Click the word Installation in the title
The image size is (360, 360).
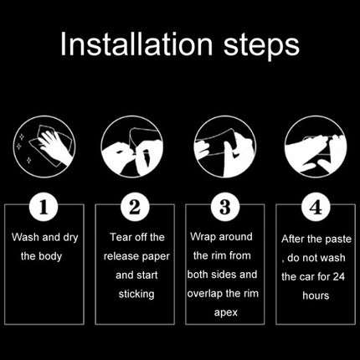136,44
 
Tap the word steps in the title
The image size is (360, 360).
261,46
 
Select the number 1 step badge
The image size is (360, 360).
44,207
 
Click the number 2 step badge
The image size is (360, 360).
135,207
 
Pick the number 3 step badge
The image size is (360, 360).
225,207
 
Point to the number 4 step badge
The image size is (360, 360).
316,207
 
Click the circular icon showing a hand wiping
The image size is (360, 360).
44,147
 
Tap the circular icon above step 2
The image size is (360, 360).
132,147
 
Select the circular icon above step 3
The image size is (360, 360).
225,147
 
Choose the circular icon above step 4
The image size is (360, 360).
316,147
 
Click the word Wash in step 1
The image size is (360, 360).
25,237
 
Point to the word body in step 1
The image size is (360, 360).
50,256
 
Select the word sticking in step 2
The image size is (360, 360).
136,294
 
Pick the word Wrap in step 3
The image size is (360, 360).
203,237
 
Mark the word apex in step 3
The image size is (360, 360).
226,312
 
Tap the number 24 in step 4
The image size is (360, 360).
338,276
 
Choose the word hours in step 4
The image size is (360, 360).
316,296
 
